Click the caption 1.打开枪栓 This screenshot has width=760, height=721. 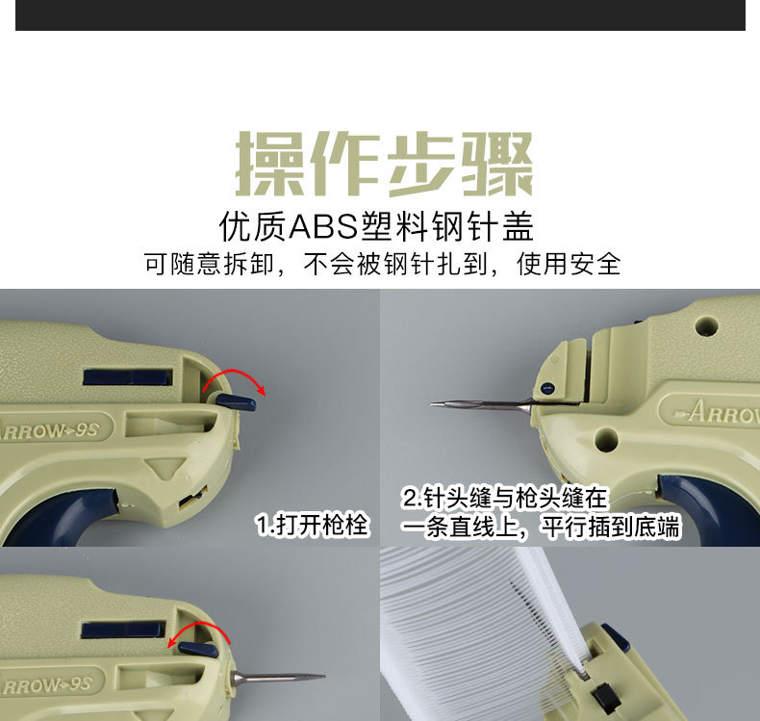(313, 526)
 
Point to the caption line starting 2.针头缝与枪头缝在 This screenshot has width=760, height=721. (506, 499)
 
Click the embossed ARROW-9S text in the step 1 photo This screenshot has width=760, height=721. (56, 429)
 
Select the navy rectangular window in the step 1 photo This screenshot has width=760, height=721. (127, 376)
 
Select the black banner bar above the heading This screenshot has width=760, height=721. (380, 14)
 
